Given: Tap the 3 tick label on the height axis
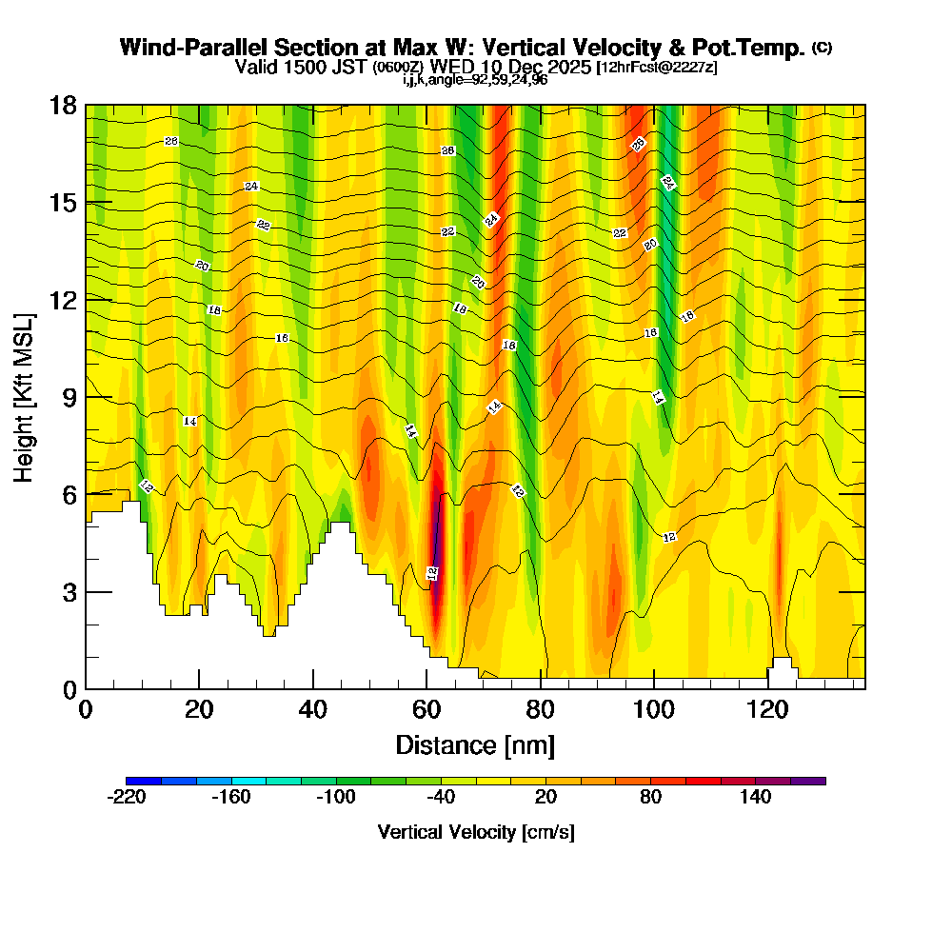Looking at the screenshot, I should (x=69, y=591).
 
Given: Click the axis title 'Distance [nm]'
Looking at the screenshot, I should (x=475, y=744).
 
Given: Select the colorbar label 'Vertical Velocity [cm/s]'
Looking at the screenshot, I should (x=476, y=832).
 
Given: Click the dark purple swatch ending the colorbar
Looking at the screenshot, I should (x=808, y=781).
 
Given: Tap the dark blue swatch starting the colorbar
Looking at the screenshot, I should (x=144, y=781).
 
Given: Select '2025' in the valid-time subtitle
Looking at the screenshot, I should (x=565, y=67).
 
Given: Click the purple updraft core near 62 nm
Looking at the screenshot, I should (x=436, y=552).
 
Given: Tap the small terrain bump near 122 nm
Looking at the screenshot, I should (x=782, y=664).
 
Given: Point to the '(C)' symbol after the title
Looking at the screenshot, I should (x=822, y=47).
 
